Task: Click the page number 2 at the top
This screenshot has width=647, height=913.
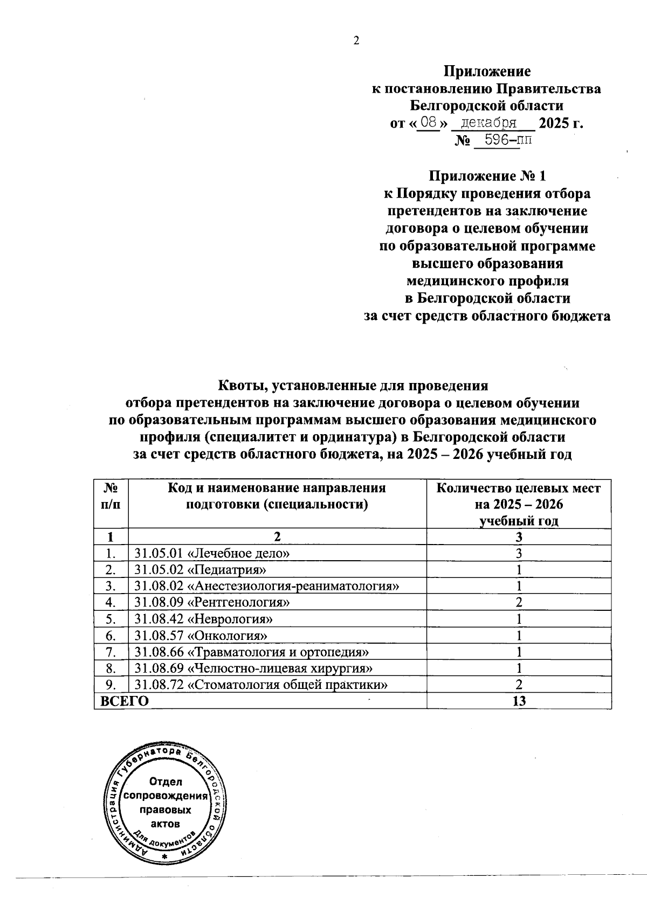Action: (x=356, y=41)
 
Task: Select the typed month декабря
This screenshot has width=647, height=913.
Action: (x=486, y=123)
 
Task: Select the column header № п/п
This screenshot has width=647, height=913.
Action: (x=111, y=496)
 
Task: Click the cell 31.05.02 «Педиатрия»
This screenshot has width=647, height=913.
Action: (x=201, y=570)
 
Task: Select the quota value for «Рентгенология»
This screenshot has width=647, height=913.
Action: (x=519, y=603)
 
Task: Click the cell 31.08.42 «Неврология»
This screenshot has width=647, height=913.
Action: (x=204, y=619)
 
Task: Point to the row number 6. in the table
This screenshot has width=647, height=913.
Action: (x=111, y=636)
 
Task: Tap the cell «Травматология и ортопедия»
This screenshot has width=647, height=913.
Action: (x=252, y=652)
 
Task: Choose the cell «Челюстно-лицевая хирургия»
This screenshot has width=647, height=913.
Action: (x=254, y=668)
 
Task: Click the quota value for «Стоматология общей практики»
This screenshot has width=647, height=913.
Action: (x=519, y=685)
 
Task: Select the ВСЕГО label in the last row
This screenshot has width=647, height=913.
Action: (x=121, y=701)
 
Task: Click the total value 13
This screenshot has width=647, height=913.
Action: (x=519, y=701)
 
